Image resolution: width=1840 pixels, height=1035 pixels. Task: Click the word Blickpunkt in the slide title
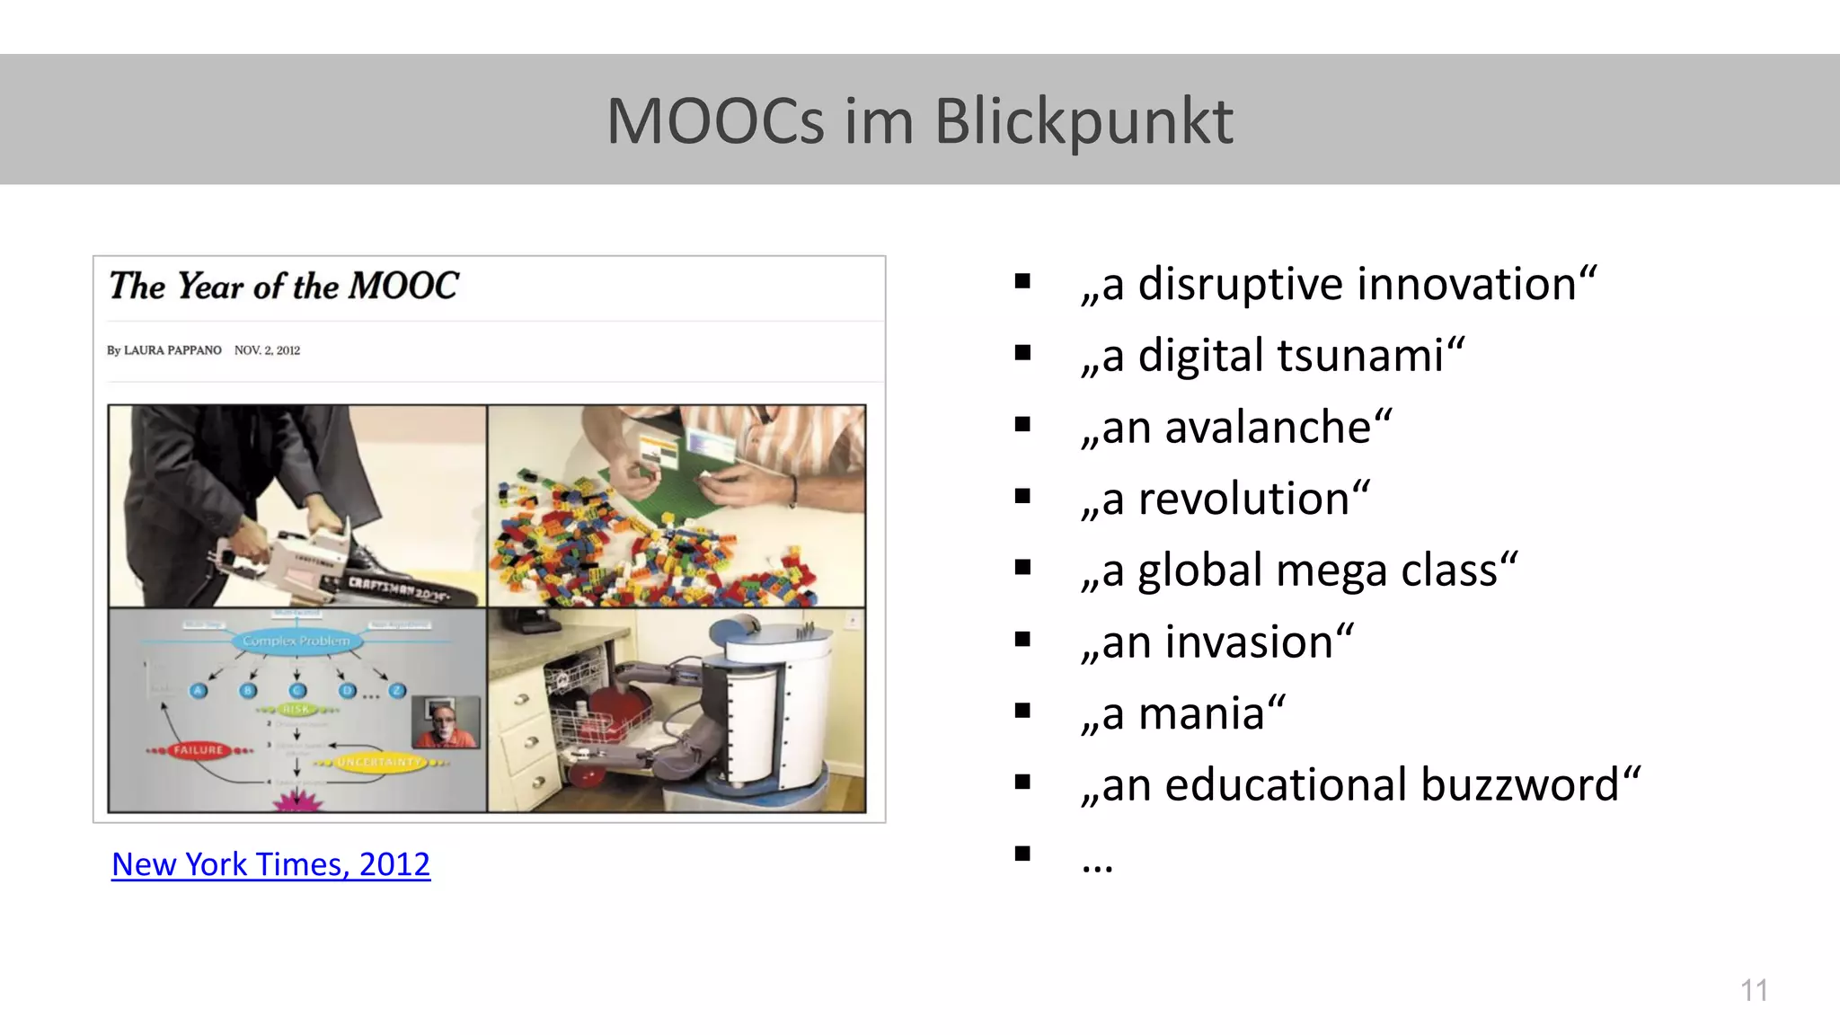(x=1084, y=121)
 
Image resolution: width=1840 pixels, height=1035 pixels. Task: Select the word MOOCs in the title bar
(x=715, y=121)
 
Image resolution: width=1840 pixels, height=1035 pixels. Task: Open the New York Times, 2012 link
(x=270, y=864)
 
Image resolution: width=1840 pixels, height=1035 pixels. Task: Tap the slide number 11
(x=1754, y=990)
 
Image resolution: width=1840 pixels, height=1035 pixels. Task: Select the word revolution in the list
(x=1243, y=500)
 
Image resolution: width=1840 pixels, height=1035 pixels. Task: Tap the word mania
(x=1201, y=714)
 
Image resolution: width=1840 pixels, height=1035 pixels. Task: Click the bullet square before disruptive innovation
(x=1022, y=282)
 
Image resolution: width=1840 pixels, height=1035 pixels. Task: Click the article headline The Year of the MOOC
(x=284, y=287)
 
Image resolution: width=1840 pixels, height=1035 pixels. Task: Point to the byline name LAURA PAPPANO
(x=172, y=350)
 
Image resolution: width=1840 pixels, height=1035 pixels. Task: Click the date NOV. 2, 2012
(x=267, y=350)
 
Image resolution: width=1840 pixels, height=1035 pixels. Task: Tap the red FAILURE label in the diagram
(x=198, y=749)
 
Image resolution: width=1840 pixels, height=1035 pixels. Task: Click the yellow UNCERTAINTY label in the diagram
(x=379, y=762)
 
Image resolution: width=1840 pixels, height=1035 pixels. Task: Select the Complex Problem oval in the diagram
(x=296, y=641)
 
